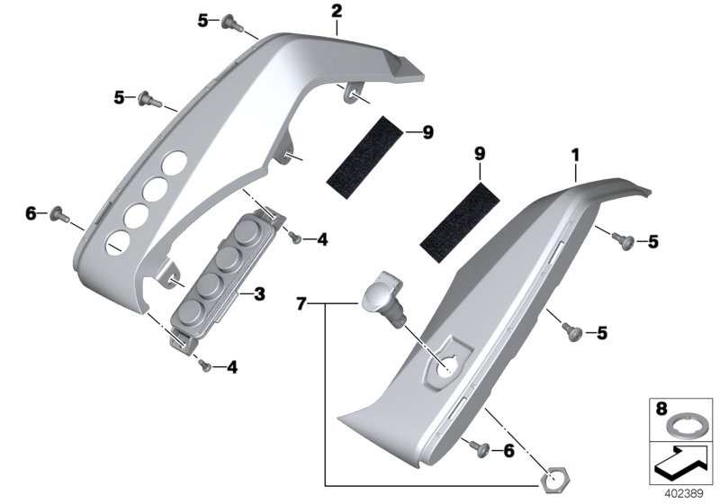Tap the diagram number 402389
tap(684, 494)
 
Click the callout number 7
tap(301, 303)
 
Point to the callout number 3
tap(259, 293)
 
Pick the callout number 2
tap(337, 12)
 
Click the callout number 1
tap(575, 156)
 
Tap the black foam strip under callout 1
tap(460, 222)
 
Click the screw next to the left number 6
tap(60, 214)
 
